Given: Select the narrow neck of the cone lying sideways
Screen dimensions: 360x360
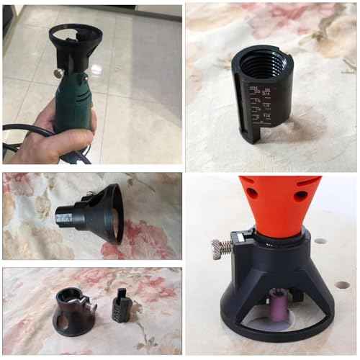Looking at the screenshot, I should (68, 214).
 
